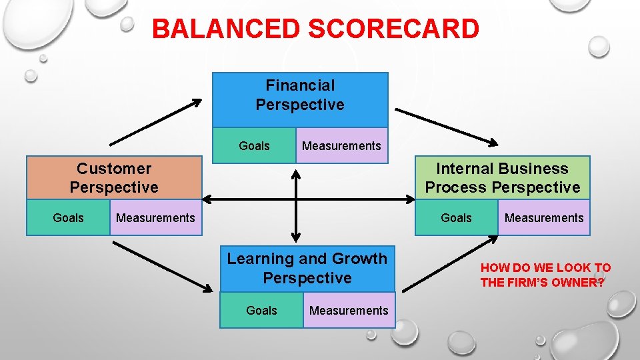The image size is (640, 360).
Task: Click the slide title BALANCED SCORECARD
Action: pos(315,29)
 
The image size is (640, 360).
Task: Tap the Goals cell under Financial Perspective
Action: pos(254,146)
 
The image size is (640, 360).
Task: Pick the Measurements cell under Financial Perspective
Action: pos(341,146)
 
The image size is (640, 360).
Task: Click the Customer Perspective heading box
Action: pos(114,178)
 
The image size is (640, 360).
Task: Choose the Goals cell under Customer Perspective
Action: pos(68,218)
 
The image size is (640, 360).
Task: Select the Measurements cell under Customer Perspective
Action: pos(155,218)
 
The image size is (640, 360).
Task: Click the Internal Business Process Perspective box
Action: pos(502,178)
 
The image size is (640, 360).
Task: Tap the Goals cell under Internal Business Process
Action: pos(456,218)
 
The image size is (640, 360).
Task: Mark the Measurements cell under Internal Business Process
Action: pos(543,218)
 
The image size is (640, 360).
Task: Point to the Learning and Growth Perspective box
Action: pos(307,268)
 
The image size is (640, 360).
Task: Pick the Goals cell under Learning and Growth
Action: pos(261,311)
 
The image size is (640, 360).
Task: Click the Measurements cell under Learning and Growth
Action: pos(349,311)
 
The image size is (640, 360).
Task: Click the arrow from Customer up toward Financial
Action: pos(155,122)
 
